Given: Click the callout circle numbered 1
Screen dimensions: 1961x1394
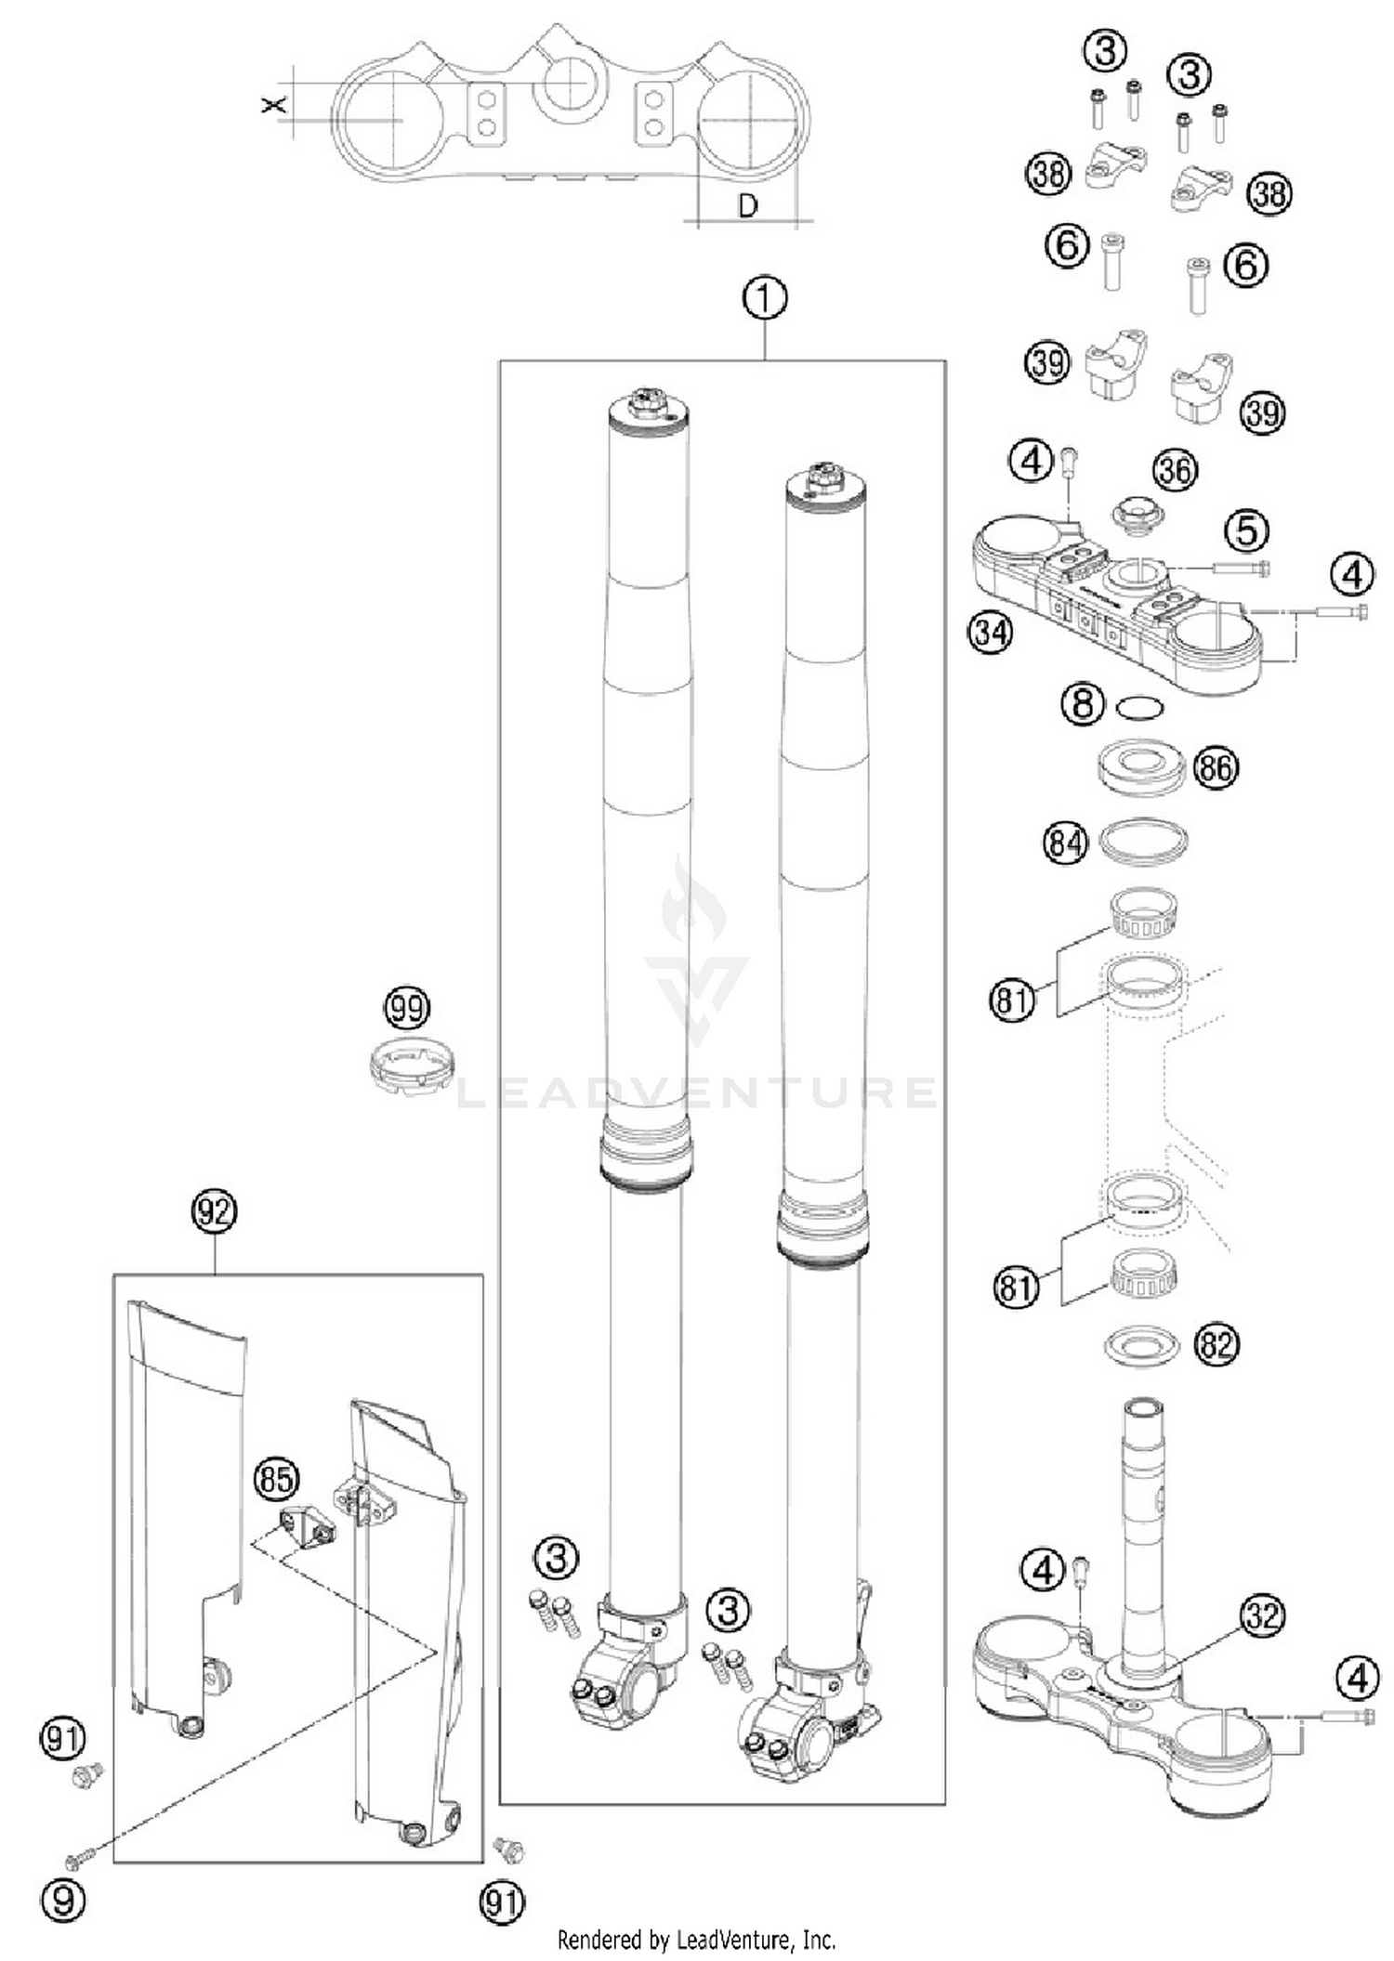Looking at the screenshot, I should (765, 300).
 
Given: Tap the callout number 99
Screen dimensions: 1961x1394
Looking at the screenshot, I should (407, 1008).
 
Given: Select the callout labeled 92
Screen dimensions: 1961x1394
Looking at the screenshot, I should (214, 1212).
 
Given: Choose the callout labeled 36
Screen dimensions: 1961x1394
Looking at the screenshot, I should (1175, 470).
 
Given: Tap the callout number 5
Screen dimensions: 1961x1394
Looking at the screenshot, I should (1246, 530).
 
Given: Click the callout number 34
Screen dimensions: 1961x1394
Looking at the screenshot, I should (990, 634).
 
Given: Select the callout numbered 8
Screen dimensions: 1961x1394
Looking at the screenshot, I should (1083, 703).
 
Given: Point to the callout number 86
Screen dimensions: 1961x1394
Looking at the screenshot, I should (1216, 767).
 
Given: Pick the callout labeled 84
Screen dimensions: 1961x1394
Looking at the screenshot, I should (1065, 843).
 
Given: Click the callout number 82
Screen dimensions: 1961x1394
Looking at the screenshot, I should (1216, 1344).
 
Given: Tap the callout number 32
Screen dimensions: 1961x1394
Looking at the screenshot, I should (1262, 1616).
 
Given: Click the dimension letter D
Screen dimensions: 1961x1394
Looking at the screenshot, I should (747, 205).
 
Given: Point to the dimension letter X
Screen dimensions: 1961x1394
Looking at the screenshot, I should (273, 105).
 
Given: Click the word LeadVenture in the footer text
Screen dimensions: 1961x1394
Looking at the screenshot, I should (731, 1940).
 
